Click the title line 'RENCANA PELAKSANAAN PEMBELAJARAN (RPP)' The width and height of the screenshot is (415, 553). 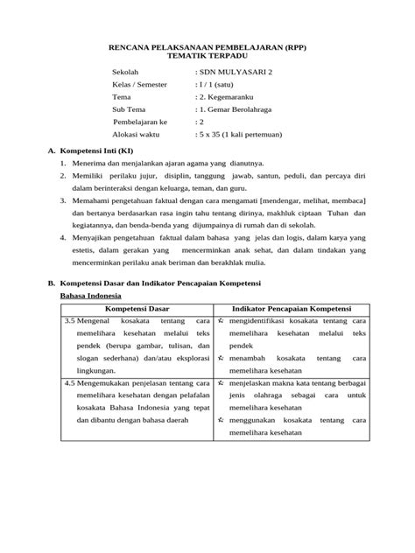(207, 47)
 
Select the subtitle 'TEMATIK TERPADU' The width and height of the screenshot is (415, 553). (207, 57)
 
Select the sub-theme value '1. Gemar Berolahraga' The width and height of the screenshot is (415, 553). (236, 110)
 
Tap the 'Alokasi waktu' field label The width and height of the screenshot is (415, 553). (140, 136)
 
